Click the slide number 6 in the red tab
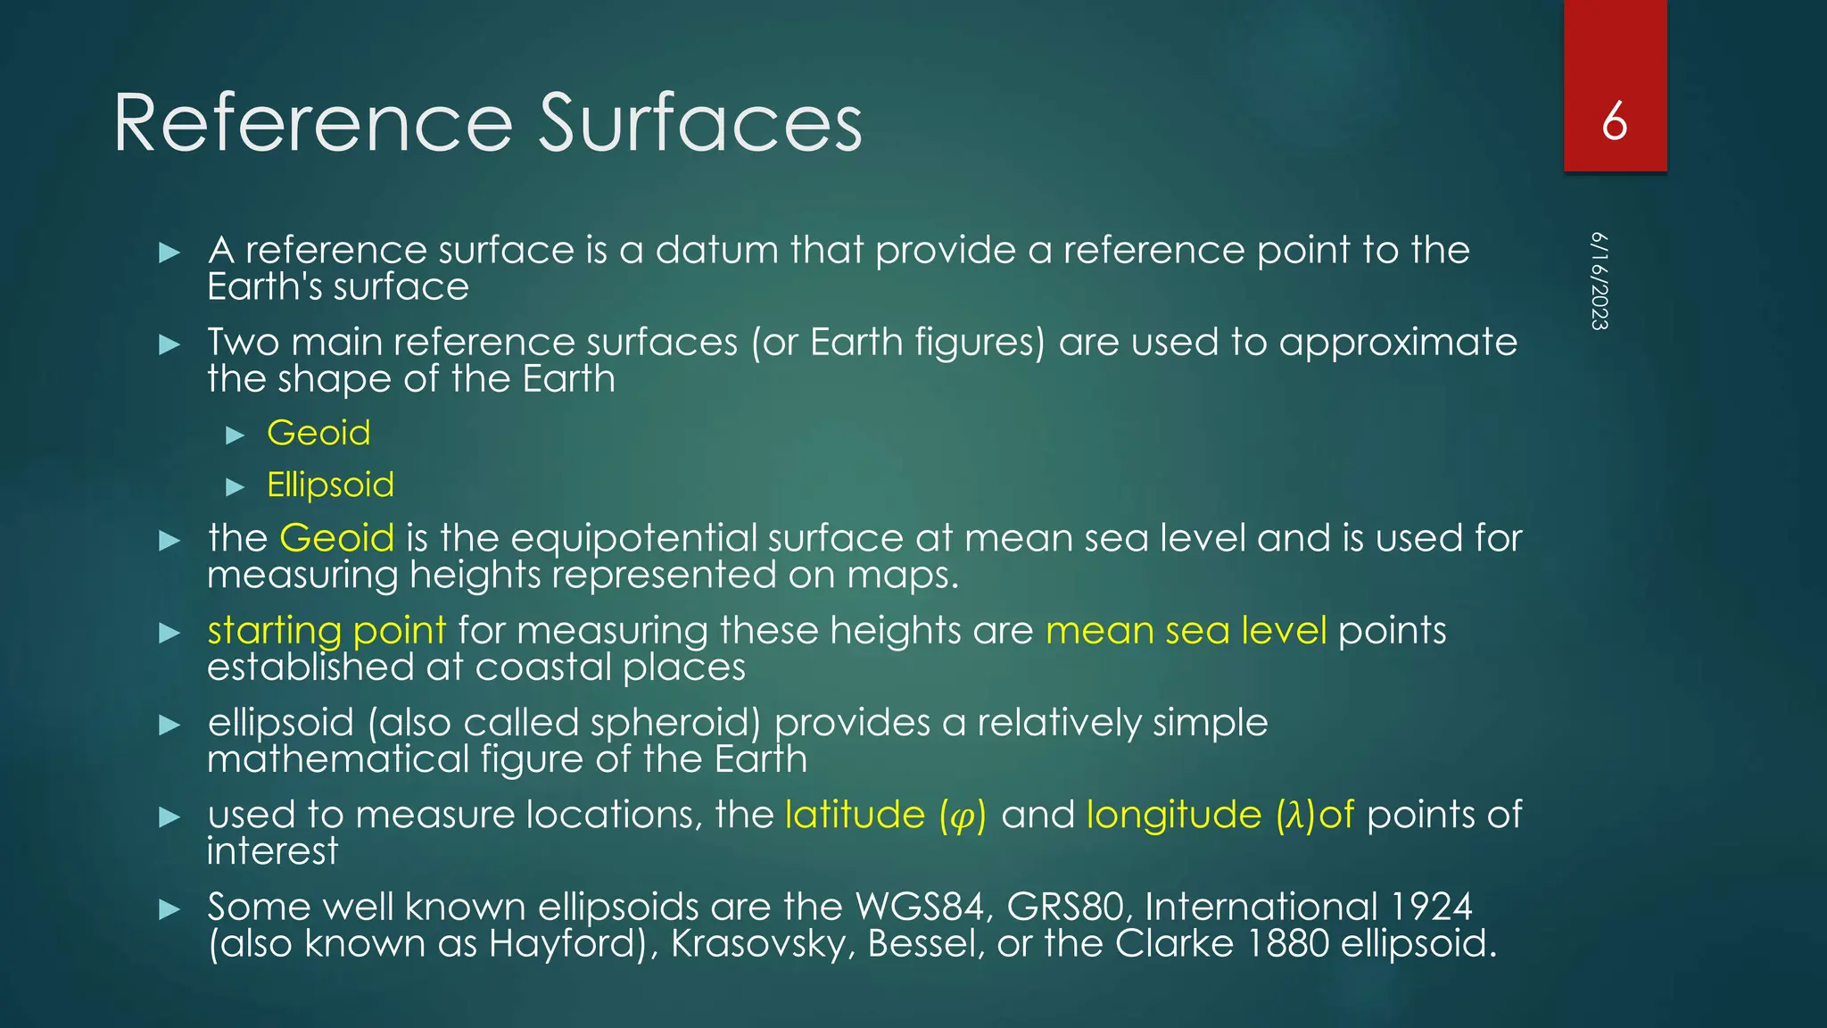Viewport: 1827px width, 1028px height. (1614, 121)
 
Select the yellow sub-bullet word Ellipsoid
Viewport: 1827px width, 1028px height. (330, 485)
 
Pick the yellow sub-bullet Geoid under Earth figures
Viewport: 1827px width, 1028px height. (318, 433)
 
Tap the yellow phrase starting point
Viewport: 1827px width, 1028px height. (327, 631)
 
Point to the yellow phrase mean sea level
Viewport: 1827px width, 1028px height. (1186, 631)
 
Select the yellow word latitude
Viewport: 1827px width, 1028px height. (855, 815)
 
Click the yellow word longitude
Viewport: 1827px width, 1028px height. (1173, 815)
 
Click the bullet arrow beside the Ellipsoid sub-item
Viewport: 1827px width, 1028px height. (236, 486)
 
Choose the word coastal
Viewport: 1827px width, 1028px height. (541, 667)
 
